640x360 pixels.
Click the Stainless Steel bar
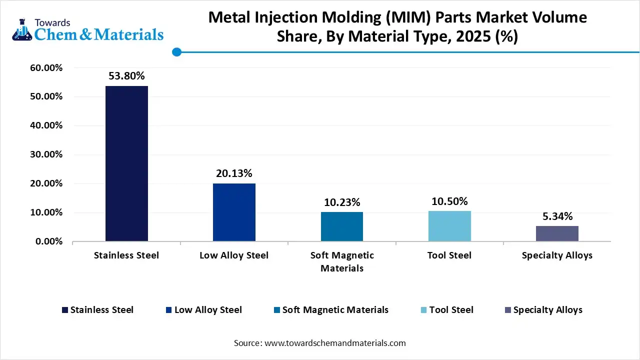(x=126, y=163)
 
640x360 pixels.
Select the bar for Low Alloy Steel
(x=234, y=212)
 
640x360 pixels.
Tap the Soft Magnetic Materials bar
(x=342, y=226)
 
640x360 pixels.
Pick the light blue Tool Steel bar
(x=449, y=226)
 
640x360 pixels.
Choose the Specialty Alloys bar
(x=557, y=233)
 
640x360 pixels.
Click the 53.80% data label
(x=126, y=76)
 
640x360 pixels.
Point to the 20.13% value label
(x=234, y=173)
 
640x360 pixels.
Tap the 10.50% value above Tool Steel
(x=449, y=201)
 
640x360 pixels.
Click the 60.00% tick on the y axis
(x=46, y=67)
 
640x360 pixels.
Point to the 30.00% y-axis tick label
(x=46, y=154)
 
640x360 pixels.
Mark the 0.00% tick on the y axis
(x=48, y=241)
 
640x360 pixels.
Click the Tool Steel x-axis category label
(x=449, y=255)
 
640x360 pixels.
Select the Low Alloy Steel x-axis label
(x=234, y=255)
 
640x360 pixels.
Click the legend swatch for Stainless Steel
(x=64, y=310)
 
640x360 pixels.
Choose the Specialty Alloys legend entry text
(x=547, y=310)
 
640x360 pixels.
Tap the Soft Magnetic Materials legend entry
(x=335, y=310)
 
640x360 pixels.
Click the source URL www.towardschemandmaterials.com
(x=334, y=343)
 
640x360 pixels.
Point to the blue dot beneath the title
(x=176, y=52)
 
